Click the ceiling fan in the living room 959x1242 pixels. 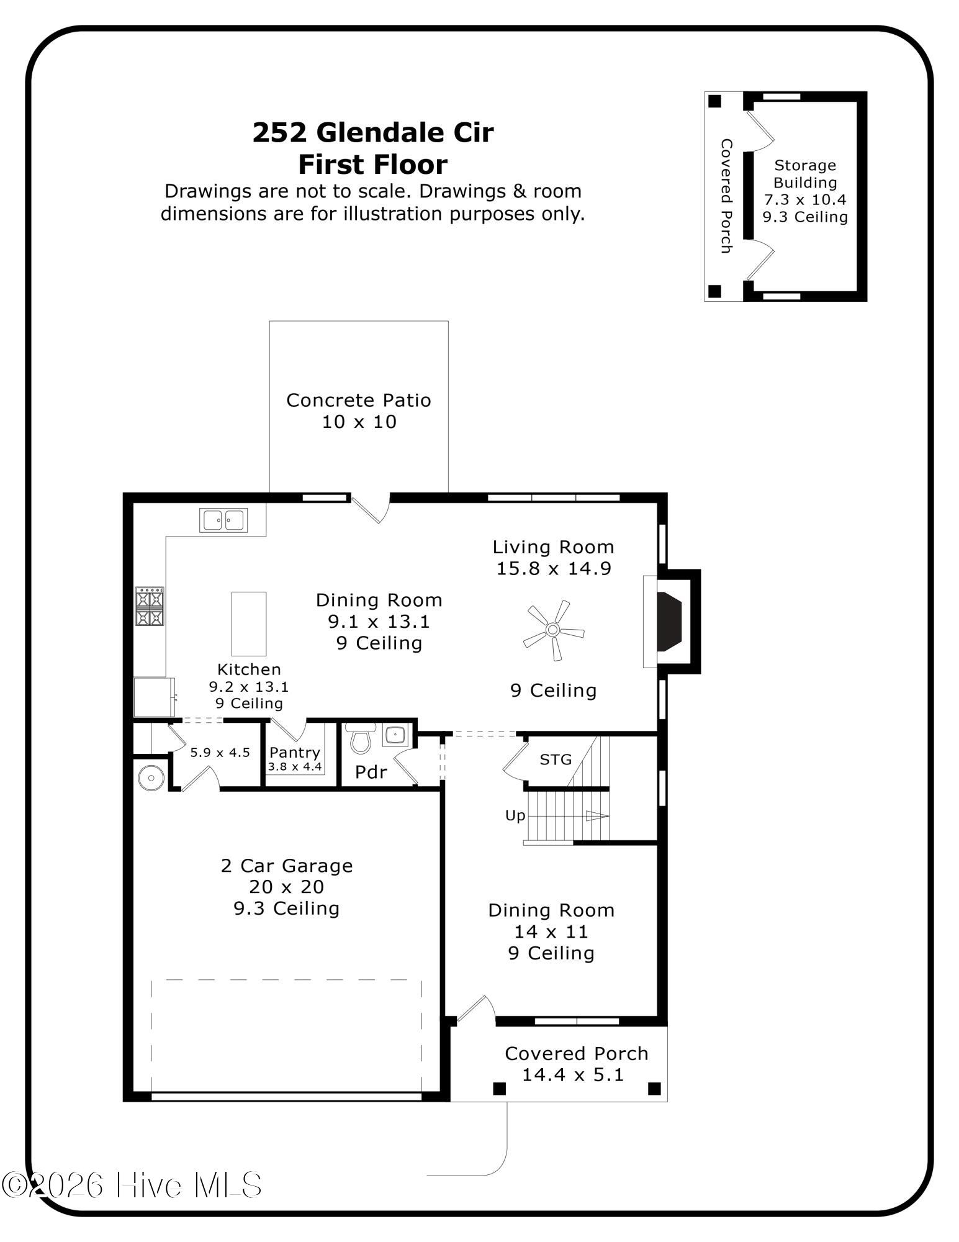tap(552, 630)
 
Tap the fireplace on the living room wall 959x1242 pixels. tap(670, 622)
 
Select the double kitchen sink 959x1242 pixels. tap(223, 520)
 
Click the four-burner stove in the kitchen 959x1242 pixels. tap(150, 606)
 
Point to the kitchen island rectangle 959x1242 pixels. tap(249, 623)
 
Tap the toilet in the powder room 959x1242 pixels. tap(359, 738)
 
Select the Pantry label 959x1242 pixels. tap(295, 752)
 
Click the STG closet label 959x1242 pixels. tap(556, 759)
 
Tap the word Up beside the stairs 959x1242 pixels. tap(515, 816)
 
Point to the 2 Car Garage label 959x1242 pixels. tap(287, 866)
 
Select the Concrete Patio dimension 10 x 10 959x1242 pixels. tap(359, 422)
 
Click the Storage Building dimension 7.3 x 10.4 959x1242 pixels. tap(805, 200)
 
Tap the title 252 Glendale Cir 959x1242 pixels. tap(373, 132)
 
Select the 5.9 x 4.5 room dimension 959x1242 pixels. tap(220, 753)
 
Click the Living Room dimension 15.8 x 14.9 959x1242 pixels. tap(554, 568)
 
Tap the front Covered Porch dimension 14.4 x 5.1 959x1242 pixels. tap(572, 1074)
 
